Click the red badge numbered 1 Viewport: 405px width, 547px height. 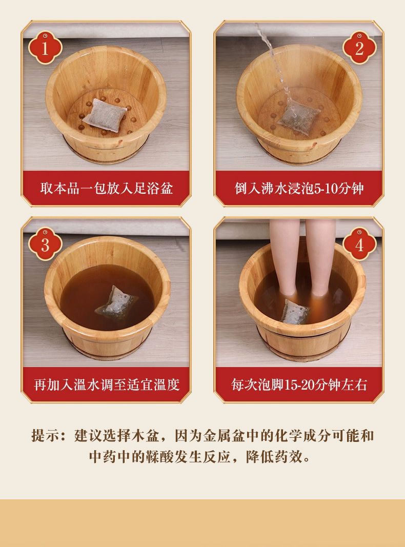[45, 48]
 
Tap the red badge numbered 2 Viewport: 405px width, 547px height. [360, 48]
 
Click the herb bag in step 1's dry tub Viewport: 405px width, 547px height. [105, 115]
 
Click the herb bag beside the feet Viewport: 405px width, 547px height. [295, 312]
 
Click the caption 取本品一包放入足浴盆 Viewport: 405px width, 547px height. [106, 188]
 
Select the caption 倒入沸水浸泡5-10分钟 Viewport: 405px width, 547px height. [299, 188]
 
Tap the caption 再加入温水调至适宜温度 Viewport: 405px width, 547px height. [107, 384]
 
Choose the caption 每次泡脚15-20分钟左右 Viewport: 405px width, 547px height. [299, 384]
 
